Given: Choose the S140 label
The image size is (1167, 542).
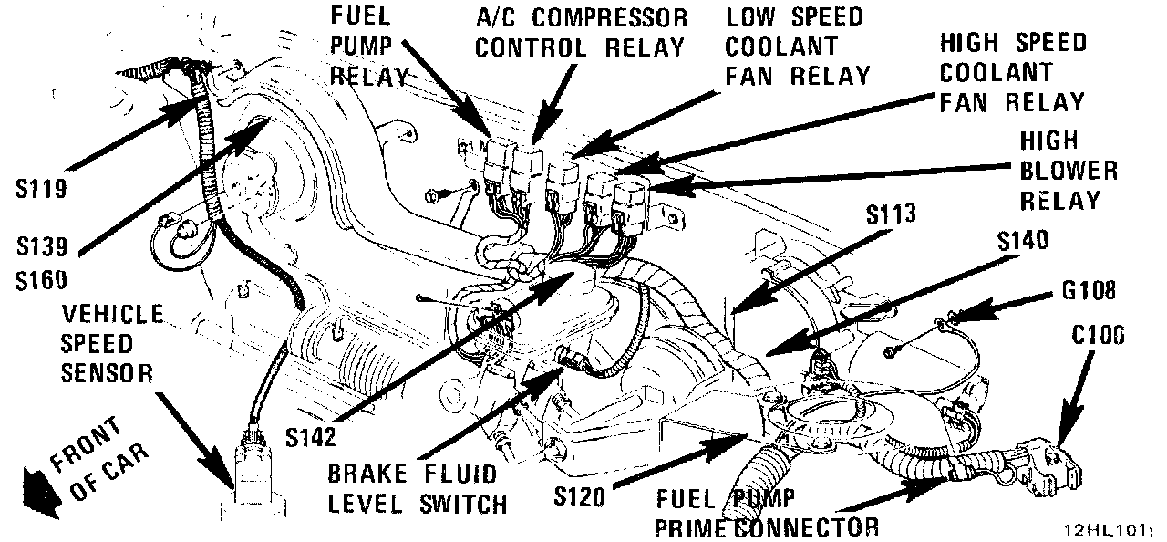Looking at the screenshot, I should [x=1022, y=241].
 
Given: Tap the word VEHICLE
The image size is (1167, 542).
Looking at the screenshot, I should [x=112, y=315].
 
